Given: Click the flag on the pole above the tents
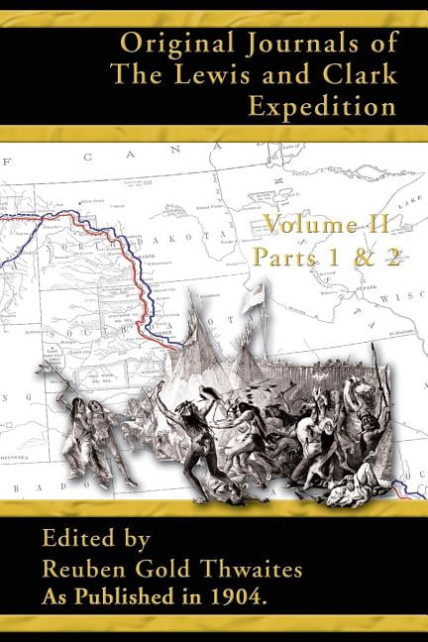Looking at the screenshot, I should (258, 292).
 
